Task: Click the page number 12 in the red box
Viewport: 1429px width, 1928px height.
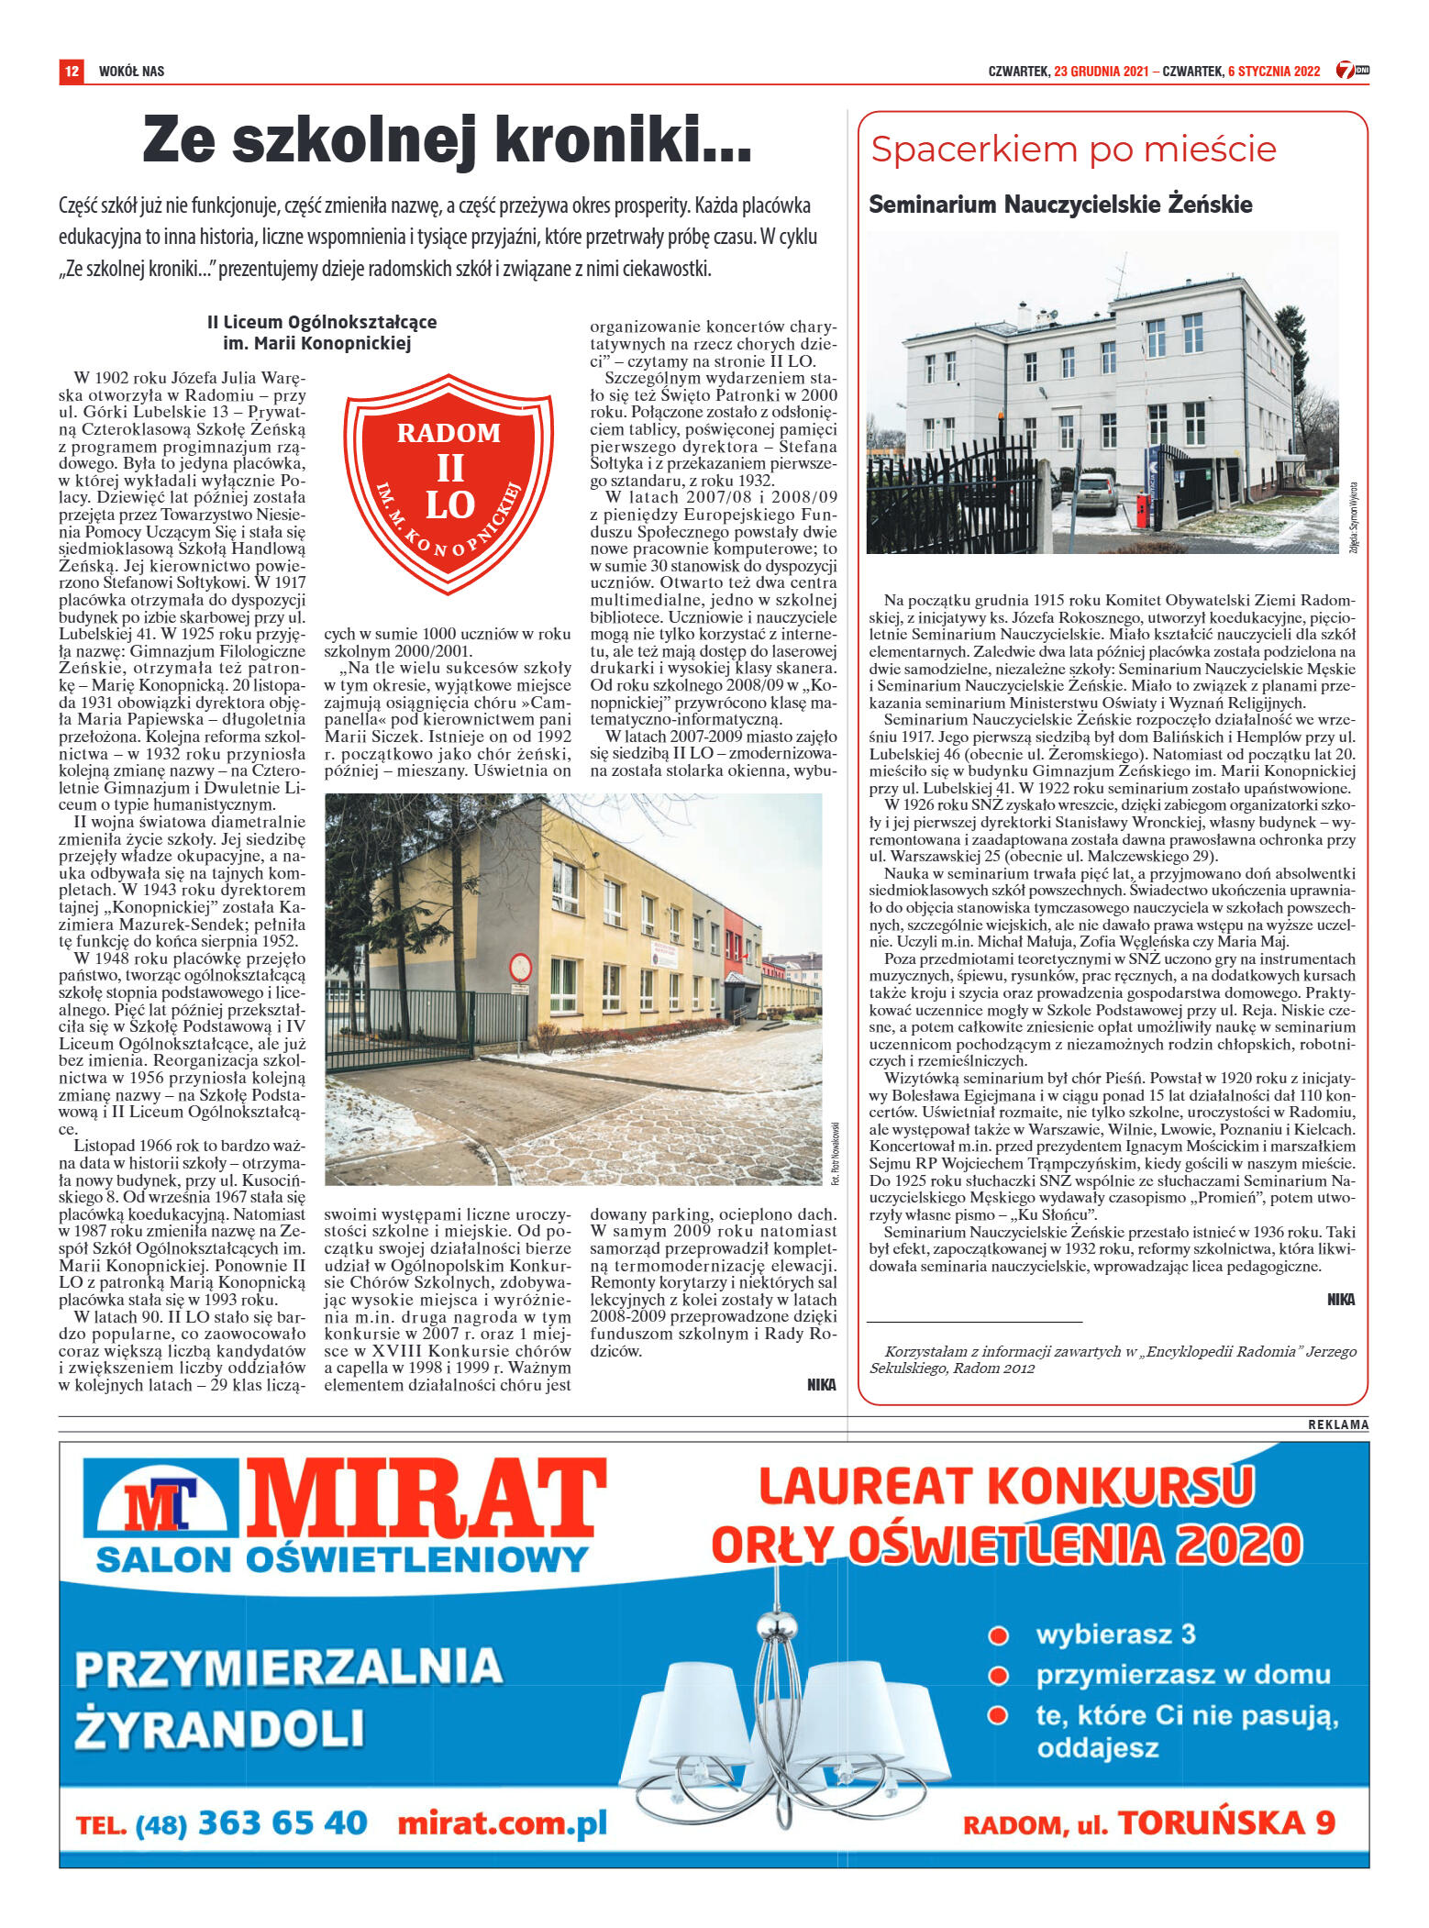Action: (72, 71)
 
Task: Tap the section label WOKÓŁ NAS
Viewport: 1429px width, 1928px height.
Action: (131, 72)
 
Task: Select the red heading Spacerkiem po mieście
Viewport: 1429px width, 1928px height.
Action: (1073, 150)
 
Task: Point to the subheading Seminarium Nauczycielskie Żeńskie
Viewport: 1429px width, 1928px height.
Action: (1060, 205)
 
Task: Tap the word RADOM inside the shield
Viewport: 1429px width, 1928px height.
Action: (449, 433)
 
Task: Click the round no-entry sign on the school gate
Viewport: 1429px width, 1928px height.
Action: (520, 967)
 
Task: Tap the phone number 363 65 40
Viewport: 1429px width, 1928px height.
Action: (282, 1822)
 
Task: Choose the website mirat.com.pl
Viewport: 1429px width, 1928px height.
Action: (503, 1823)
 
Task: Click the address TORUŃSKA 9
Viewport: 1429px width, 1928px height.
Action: (1226, 1823)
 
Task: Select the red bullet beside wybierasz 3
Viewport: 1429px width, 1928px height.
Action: (998, 1635)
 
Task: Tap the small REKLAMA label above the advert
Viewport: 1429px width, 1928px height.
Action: (1338, 1424)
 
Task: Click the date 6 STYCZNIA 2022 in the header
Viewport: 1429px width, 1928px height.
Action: (1273, 72)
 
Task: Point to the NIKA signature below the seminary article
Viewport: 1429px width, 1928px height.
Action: (1340, 1300)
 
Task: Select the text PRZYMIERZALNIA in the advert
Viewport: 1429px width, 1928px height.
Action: (289, 1668)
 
